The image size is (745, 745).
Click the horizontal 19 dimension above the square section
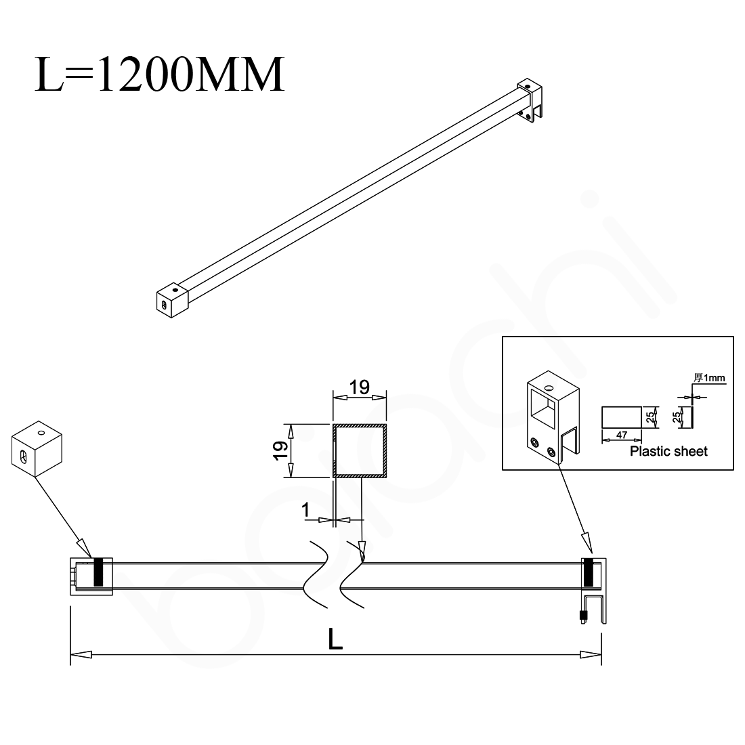[x=359, y=387]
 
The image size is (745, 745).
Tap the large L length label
[x=335, y=639]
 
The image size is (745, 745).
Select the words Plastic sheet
[x=668, y=452]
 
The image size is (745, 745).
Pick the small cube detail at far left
[x=36, y=450]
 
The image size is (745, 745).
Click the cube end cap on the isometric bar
[x=171, y=301]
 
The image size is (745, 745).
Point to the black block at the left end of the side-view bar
[x=98, y=573]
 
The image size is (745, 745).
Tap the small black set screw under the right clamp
[x=581, y=616]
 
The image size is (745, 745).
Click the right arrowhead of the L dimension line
[x=591, y=654]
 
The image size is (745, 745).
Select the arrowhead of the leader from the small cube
[x=84, y=547]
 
